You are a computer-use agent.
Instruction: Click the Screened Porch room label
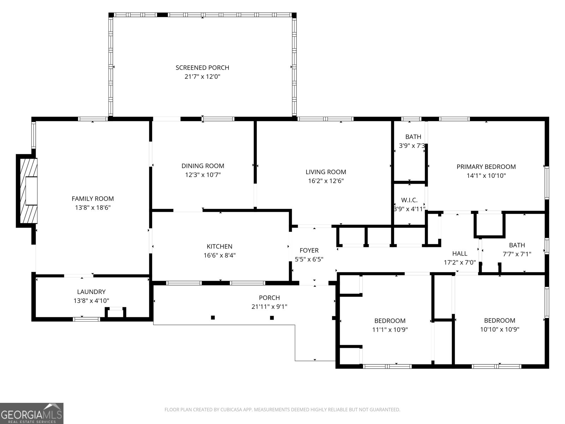coord(202,67)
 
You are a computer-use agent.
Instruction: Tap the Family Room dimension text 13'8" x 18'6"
coord(93,208)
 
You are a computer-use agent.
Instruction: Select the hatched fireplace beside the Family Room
coord(28,191)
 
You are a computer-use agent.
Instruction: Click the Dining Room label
coord(203,166)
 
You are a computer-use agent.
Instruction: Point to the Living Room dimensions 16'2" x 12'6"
coord(326,181)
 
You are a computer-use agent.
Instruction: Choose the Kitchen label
coord(219,246)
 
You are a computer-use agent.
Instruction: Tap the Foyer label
coord(309,250)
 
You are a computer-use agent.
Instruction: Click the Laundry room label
coord(91,292)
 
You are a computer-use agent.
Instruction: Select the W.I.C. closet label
coord(409,200)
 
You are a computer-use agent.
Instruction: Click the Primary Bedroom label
coord(486,167)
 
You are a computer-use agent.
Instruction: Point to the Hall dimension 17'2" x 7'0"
coord(460,263)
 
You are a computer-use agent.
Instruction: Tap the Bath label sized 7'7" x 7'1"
coord(517,245)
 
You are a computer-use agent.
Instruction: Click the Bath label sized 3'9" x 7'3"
coord(413,137)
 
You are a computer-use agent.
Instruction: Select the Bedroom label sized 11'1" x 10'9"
coord(390,321)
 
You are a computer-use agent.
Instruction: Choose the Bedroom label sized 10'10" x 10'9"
coord(499,320)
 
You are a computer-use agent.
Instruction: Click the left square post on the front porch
coord(213,318)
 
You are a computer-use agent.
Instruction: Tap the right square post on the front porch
coord(272,318)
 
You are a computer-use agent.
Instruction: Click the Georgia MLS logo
coord(32,413)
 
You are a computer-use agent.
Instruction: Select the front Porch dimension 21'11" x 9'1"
coord(269,307)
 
